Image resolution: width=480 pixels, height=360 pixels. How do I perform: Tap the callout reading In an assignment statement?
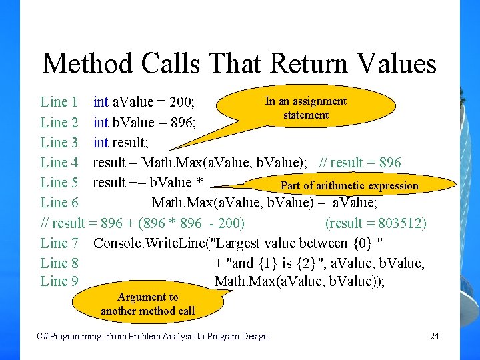(306, 108)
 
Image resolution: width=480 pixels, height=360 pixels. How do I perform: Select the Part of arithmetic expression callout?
(349, 185)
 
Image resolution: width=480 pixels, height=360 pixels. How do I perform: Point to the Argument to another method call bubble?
(148, 304)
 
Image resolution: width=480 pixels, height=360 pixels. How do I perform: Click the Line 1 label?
(59, 102)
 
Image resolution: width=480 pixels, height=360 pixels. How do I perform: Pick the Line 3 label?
(59, 142)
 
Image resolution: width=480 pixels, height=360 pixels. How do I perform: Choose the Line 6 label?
(59, 202)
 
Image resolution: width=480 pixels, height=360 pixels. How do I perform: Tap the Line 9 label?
(59, 281)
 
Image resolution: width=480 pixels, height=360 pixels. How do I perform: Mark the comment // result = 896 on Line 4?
(361, 162)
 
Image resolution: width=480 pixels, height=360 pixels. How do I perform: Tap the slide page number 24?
(435, 335)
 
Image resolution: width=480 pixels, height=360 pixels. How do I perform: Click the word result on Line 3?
(131, 142)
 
